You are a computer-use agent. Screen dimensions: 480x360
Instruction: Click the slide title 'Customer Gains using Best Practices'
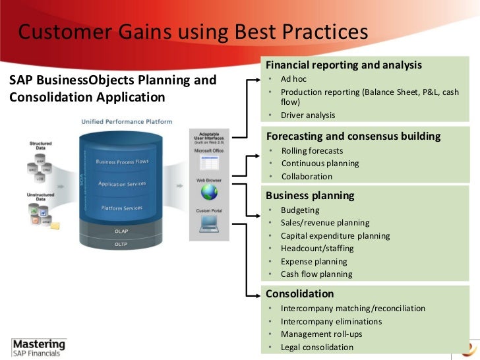192,32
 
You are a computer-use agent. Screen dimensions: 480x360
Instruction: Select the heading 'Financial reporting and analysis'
343,65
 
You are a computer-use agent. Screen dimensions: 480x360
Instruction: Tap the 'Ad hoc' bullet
293,79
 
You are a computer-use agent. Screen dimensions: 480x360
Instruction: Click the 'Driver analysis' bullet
308,115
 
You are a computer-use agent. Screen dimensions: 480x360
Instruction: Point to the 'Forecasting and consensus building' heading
353,136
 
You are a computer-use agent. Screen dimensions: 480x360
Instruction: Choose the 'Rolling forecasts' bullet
311,151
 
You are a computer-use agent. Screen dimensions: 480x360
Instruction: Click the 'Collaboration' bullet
307,177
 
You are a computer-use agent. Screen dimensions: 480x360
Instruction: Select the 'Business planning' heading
310,195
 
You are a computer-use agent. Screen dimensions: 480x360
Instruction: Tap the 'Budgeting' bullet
300,210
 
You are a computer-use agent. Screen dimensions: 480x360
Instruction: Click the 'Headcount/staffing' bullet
317,249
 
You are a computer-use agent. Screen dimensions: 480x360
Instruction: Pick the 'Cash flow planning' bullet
316,274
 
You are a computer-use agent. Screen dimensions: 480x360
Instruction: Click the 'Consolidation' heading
299,293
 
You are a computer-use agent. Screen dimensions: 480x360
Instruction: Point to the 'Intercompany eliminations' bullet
331,322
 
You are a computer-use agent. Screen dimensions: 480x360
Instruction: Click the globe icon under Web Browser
210,192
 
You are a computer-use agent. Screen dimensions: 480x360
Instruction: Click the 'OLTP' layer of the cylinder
121,244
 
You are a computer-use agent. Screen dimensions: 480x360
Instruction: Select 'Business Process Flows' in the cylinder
122,162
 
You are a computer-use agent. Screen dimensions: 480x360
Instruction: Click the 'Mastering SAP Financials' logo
40,347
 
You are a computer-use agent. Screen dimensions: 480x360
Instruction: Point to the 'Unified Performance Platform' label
127,121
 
